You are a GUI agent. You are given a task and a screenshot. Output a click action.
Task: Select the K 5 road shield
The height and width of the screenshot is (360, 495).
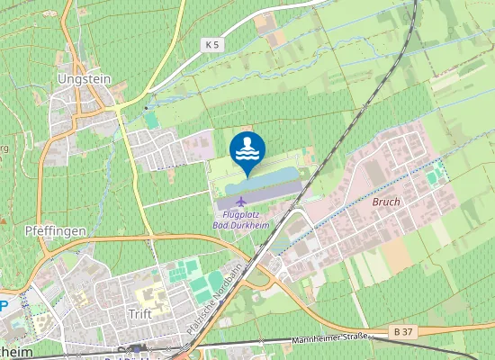[211, 43]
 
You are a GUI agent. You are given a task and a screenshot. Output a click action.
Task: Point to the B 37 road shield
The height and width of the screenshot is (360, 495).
[403, 333]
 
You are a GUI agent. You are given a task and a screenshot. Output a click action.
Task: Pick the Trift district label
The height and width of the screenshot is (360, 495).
[139, 314]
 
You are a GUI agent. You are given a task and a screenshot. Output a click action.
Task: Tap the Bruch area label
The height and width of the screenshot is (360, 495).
[385, 202]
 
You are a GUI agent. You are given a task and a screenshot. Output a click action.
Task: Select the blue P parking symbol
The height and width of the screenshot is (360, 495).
[4, 304]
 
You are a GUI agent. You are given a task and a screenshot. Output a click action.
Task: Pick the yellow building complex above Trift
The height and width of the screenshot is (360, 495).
[148, 293]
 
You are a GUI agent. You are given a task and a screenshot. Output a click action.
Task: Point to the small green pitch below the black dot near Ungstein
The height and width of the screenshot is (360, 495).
[150, 120]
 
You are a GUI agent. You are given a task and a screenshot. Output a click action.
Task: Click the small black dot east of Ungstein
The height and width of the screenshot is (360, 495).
[146, 108]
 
